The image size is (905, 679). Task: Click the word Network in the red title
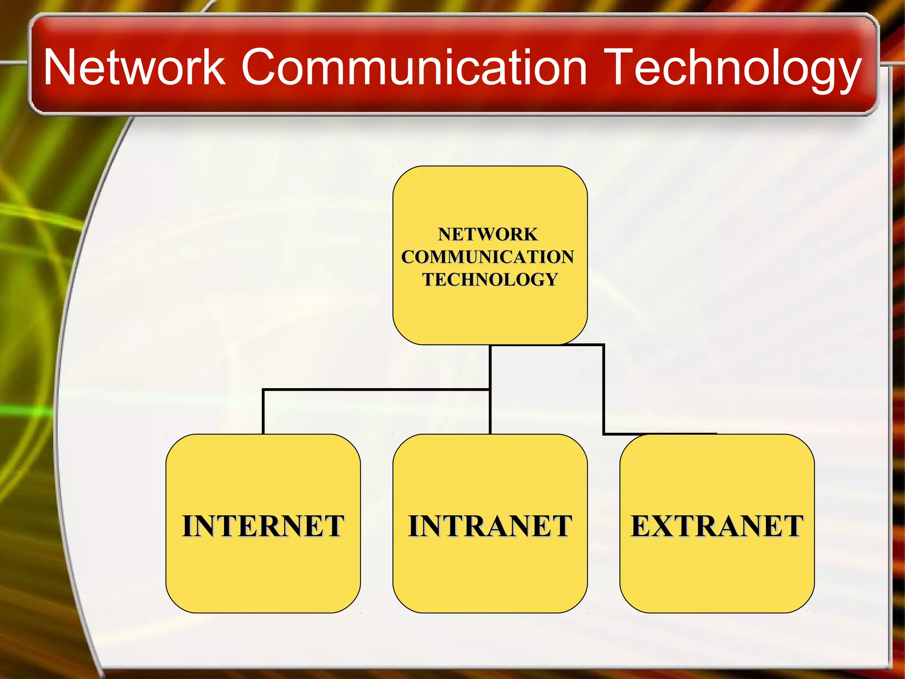pos(135,67)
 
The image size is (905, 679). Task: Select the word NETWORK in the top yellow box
pos(488,234)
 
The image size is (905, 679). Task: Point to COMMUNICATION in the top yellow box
pos(488,257)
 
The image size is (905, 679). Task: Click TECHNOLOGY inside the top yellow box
pos(490,279)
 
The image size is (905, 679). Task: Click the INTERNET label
pos(263,526)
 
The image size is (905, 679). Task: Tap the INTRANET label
pos(490,526)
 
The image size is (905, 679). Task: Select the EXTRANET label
pos(717,526)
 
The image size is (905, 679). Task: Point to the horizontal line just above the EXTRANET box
pos(661,434)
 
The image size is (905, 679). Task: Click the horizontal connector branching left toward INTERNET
pos(376,389)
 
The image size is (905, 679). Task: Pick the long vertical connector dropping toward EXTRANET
pos(604,389)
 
